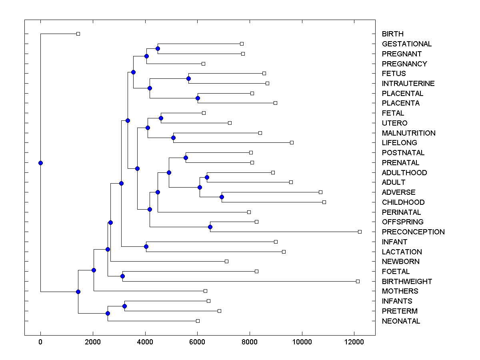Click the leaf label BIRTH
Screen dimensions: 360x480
coord(392,34)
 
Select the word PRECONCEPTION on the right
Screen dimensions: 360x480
coord(413,232)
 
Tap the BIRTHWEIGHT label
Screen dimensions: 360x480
coord(407,282)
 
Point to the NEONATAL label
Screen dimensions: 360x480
coord(401,321)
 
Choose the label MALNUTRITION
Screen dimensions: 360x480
coord(408,133)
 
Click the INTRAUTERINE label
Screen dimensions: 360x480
coord(408,84)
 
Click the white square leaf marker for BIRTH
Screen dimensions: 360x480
coord(78,34)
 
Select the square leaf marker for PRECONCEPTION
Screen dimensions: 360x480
coord(360,232)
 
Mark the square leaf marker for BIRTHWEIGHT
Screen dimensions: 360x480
coord(358,281)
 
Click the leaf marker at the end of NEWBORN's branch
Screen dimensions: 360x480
coord(226,261)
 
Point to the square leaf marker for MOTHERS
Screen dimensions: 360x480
coord(205,291)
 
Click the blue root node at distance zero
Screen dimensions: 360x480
coord(40,163)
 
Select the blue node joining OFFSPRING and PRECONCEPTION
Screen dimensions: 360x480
coord(210,227)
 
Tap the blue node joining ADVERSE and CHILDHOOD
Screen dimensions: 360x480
coord(222,197)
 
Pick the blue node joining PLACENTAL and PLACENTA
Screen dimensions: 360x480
coord(198,98)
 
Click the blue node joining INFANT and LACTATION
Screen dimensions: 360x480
coord(146,247)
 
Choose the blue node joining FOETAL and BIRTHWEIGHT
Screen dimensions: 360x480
coord(122,276)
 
